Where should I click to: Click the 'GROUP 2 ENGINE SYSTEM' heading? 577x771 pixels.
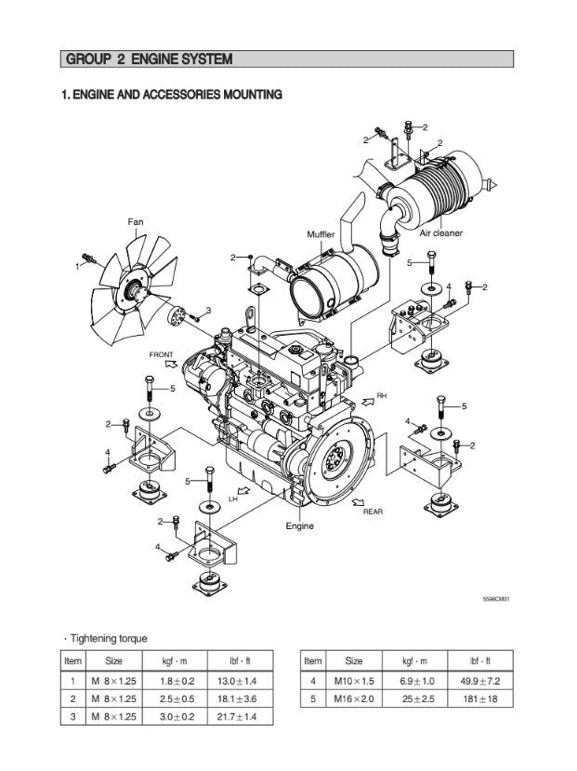(x=149, y=60)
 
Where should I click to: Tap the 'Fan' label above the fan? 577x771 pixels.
(x=136, y=221)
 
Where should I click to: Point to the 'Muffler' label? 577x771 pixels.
(x=321, y=234)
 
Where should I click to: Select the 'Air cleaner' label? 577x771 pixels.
(x=440, y=233)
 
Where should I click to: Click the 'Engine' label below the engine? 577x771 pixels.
(x=299, y=525)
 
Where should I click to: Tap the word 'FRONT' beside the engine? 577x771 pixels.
(x=161, y=355)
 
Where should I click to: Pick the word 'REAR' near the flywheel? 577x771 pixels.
(x=373, y=512)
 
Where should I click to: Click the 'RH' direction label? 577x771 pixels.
(x=381, y=395)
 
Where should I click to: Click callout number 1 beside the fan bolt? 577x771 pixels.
(x=77, y=266)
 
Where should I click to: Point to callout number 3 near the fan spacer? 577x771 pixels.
(x=208, y=310)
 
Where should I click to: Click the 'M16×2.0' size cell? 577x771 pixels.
(x=354, y=698)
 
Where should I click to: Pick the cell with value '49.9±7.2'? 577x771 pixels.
(x=481, y=681)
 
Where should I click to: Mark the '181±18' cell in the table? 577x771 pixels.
(x=481, y=698)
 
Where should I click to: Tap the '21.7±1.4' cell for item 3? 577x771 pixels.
(x=240, y=716)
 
